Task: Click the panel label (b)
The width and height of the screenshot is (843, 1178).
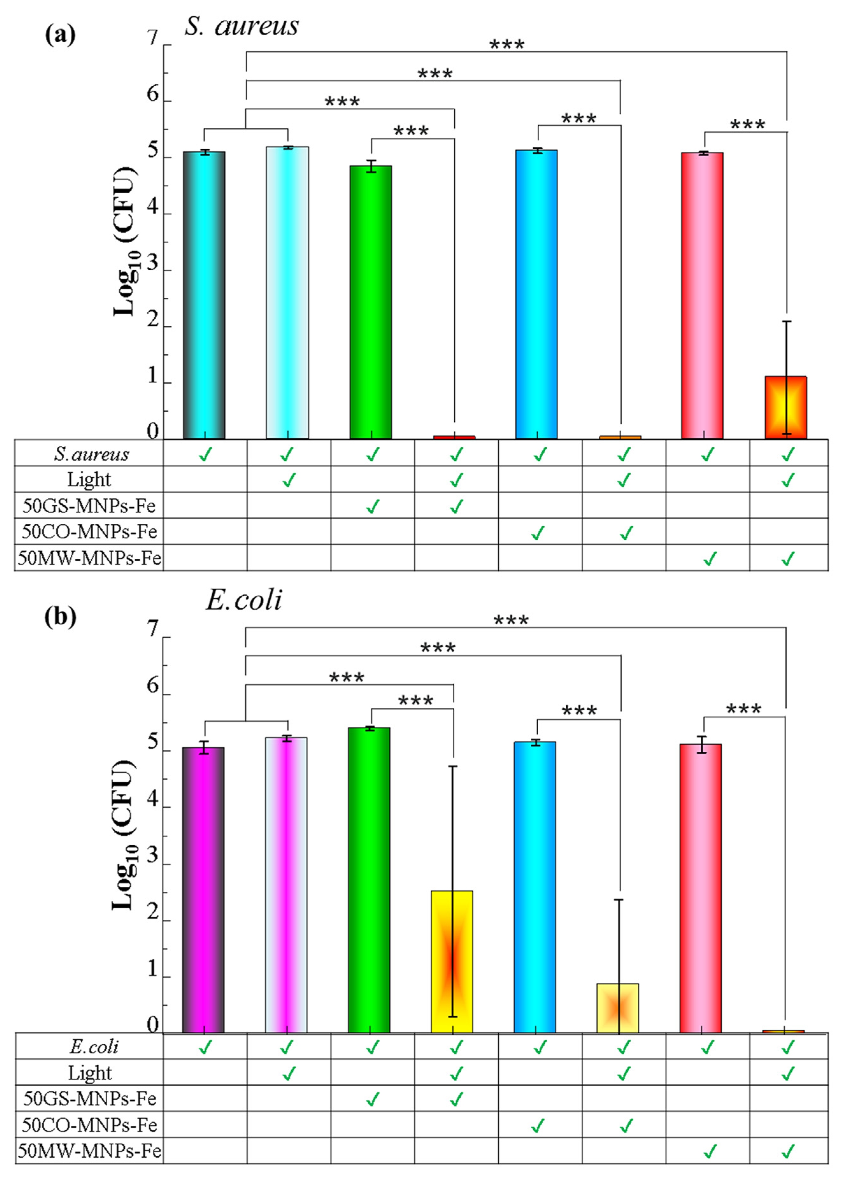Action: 60,616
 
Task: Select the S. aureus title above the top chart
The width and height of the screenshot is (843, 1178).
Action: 242,26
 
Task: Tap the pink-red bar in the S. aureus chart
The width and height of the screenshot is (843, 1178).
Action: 702,296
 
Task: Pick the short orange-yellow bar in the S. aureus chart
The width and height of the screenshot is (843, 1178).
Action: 785,408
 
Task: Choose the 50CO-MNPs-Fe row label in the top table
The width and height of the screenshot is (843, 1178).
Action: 89,532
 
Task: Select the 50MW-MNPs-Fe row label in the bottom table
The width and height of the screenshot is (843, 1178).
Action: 89,1151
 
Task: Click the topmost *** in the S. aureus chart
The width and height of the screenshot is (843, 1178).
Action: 507,45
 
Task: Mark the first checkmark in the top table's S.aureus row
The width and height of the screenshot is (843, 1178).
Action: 205,455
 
